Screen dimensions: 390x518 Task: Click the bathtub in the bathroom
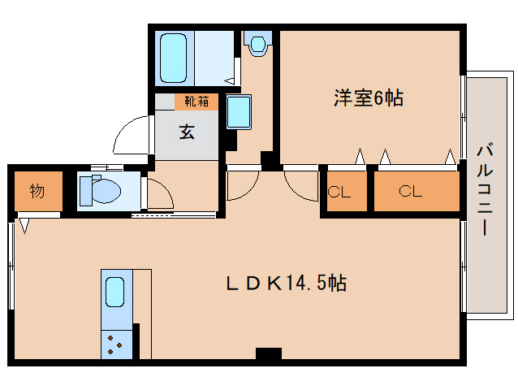point(174,57)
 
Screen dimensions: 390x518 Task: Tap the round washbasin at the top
point(259,43)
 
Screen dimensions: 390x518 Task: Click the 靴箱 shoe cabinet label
point(196,102)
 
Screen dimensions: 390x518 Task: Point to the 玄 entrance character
point(187,132)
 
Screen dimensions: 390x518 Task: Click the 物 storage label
point(37,193)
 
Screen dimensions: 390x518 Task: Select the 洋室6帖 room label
point(368,98)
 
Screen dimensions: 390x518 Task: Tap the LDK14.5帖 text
point(287,284)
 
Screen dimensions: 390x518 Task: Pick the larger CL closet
point(411,193)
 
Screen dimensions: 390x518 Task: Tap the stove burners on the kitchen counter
point(114,344)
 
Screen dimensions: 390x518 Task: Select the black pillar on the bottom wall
point(268,353)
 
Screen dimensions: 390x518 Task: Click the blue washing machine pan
point(239,111)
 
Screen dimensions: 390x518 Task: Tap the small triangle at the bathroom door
point(231,81)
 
